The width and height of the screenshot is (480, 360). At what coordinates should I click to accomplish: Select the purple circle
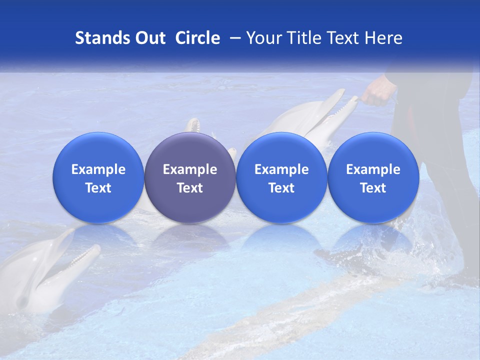pos(190,178)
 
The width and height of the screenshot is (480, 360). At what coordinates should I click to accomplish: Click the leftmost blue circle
pos(98,178)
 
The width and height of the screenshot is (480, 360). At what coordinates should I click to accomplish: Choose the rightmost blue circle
pos(373,178)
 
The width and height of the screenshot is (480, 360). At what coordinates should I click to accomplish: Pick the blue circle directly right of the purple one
pos(281,178)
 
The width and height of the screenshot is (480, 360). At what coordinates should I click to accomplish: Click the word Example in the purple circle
pos(190,169)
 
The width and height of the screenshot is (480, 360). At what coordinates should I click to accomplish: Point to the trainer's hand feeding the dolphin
pos(377,93)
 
